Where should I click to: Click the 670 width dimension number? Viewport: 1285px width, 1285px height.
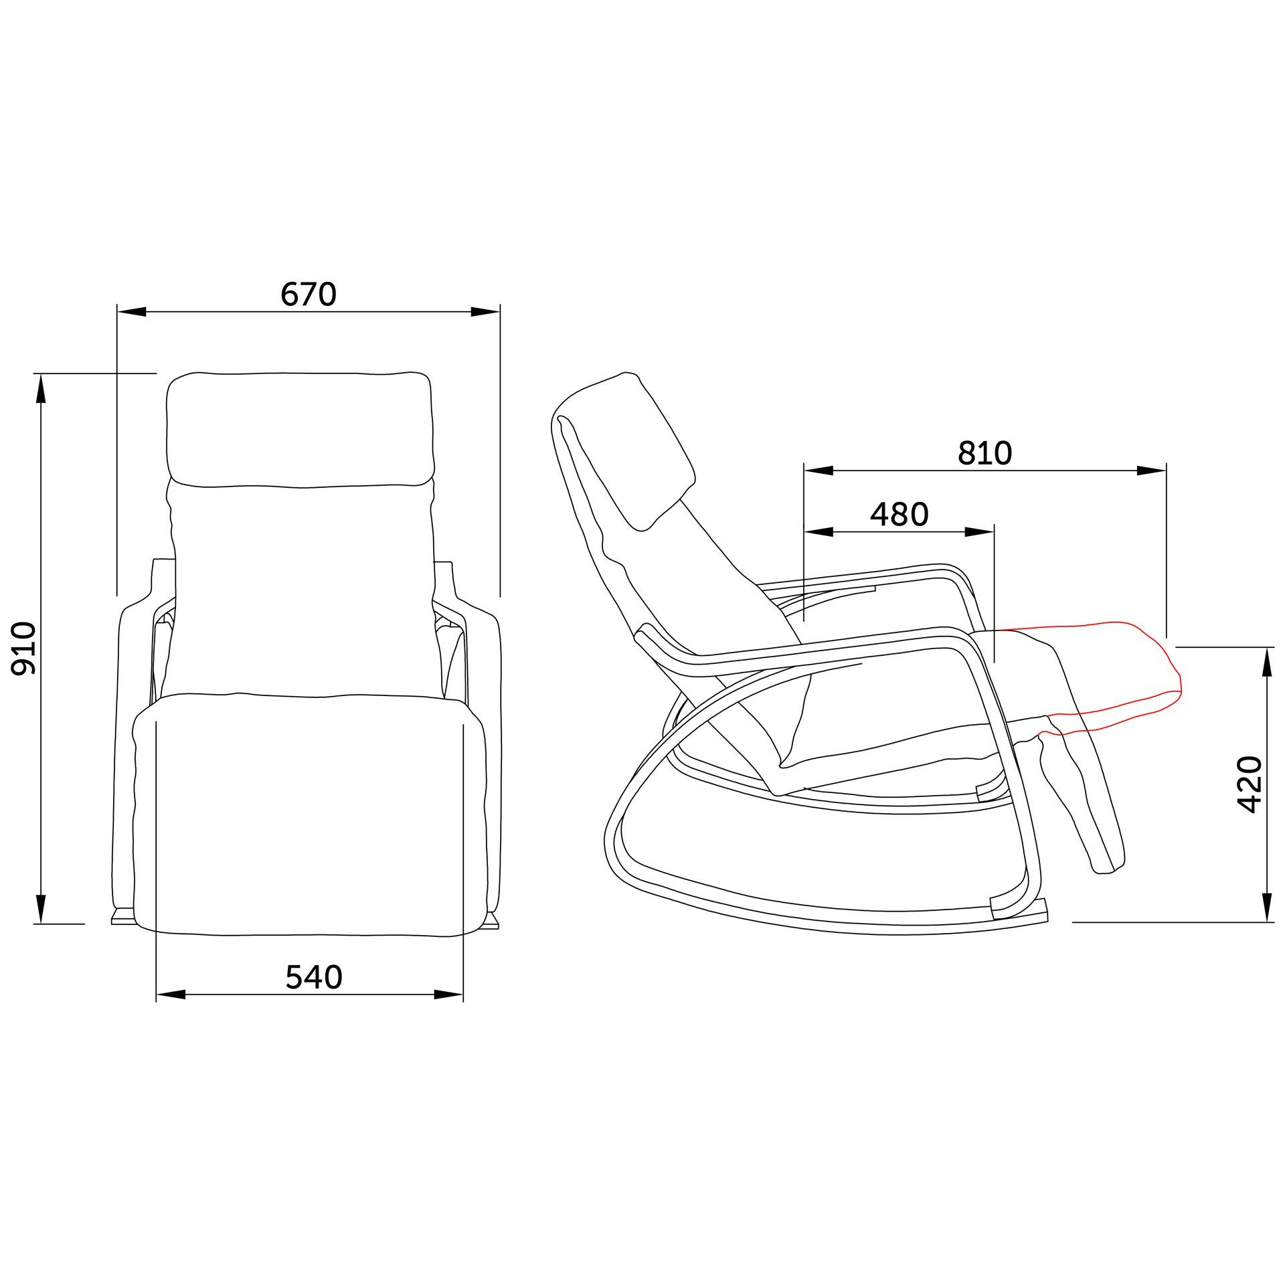[x=309, y=294]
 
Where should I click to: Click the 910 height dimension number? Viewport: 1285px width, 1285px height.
[x=25, y=648]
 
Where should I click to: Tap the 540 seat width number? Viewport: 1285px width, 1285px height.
[x=314, y=976]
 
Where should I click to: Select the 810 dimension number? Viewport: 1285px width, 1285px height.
[x=984, y=453]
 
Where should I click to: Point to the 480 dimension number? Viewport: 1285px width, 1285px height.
[x=899, y=514]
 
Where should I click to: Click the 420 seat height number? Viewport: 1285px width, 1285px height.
[x=1250, y=784]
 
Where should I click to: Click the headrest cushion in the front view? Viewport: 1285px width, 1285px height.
[x=298, y=429]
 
